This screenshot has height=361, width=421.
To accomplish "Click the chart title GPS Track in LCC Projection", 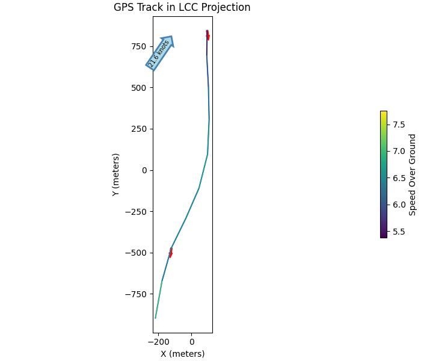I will coord(182,8).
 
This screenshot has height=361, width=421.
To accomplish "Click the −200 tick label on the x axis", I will coord(159,342).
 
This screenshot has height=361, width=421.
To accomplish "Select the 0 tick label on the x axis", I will coord(192,342).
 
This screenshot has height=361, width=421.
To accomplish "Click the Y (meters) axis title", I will coord(116,174).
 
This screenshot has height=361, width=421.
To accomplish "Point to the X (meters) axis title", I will coord(182,354).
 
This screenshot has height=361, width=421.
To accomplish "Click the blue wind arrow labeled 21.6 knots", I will coord(160,53).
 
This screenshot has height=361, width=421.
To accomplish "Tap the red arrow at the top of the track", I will coord(207,35).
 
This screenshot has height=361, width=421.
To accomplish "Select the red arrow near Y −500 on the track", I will coord(171,253).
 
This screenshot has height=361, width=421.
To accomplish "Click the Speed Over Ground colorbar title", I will coord(413,174).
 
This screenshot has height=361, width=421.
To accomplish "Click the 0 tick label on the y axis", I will coord(144,170).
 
